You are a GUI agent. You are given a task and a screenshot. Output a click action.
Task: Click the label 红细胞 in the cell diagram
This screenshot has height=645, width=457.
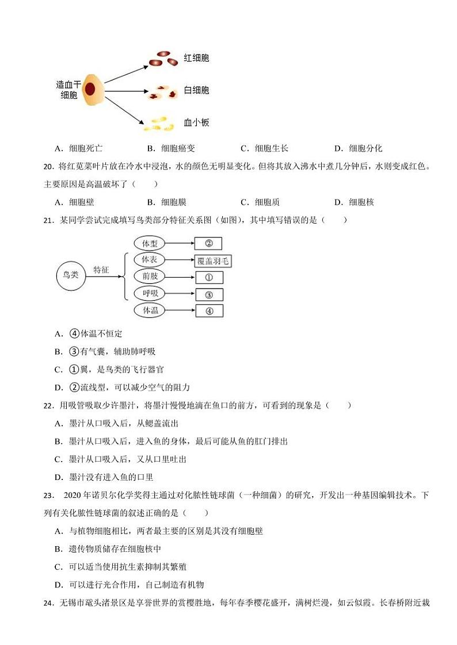pos(196,58)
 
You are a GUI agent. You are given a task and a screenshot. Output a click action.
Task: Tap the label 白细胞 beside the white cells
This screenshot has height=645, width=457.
pos(196,90)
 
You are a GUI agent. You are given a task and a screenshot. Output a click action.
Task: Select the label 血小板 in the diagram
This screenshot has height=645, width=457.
pos(196,122)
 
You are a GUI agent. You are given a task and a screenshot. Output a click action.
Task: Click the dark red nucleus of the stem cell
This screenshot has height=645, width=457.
pos(90,89)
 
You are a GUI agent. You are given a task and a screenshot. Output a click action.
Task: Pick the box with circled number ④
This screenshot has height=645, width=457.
pos(209,311)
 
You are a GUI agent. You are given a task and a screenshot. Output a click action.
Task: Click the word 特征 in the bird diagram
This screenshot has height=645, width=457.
pos(101,270)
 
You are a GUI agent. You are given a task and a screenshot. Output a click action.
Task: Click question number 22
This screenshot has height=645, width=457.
pos(48,406)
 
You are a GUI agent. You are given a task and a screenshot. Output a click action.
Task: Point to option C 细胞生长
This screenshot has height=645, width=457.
pos(264,148)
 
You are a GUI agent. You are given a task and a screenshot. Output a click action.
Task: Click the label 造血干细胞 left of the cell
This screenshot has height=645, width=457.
pos(68,89)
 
